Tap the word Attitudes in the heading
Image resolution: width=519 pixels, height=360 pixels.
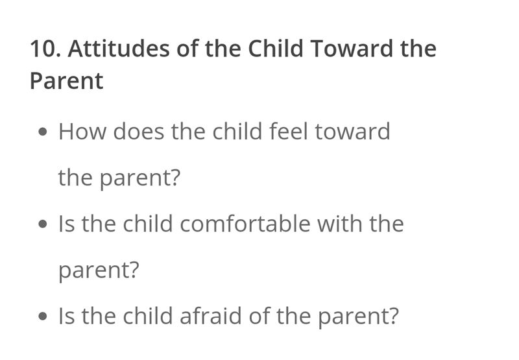click(x=119, y=48)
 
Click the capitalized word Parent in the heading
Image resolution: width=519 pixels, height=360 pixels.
click(x=67, y=81)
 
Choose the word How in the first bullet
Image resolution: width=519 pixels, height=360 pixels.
click(x=82, y=132)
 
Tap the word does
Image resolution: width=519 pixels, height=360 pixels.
click(x=138, y=132)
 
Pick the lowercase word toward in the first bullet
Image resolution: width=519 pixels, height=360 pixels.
click(x=352, y=132)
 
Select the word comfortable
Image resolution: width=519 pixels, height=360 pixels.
click(x=245, y=224)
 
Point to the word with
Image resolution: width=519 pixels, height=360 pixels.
click(x=340, y=224)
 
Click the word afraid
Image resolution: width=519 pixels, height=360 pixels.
click(x=210, y=316)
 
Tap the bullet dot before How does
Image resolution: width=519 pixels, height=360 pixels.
click(x=43, y=132)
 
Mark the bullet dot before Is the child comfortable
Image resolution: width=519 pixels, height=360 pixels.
click(x=43, y=224)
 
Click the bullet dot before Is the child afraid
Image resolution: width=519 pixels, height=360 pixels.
click(x=43, y=317)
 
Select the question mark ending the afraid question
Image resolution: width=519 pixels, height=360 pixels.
click(x=392, y=316)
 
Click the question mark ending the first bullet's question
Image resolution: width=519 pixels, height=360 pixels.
click(x=175, y=177)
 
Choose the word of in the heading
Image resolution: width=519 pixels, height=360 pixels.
click(x=187, y=48)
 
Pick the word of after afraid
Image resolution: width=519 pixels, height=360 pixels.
click(x=259, y=316)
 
